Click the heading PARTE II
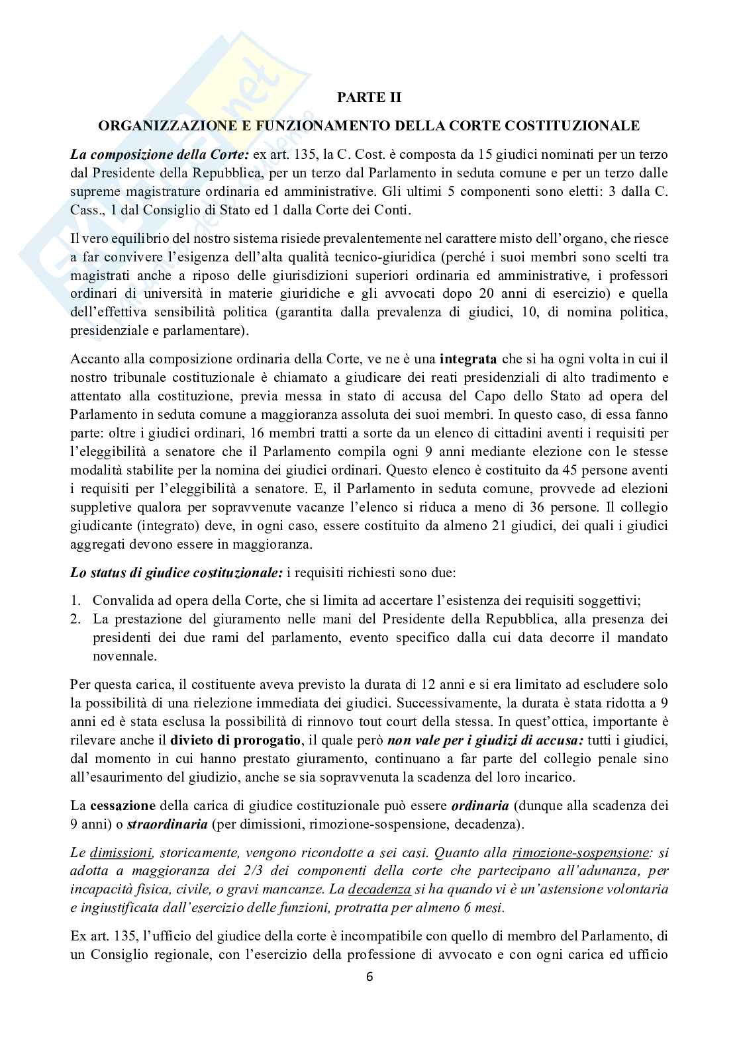369,97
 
